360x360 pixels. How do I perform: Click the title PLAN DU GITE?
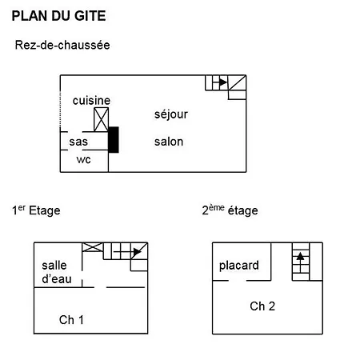coord(58,16)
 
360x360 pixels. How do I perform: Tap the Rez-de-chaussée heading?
coord(62,45)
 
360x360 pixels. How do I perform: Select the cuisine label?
coord(91,101)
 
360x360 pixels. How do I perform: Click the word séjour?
coord(171,114)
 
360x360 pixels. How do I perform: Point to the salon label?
coord(169,142)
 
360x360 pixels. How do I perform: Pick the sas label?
coord(78,142)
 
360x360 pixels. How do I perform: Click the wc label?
coord(83,159)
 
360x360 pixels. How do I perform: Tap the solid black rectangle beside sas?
coord(114,140)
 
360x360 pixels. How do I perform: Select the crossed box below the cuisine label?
coord(102,119)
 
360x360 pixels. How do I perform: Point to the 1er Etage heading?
coord(36,210)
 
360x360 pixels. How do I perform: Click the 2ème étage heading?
coord(230,210)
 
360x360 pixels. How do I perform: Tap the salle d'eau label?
coord(57,272)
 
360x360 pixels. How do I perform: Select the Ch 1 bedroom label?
coord(71,320)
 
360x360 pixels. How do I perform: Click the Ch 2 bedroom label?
coord(262,306)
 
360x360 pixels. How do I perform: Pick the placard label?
coord(239,266)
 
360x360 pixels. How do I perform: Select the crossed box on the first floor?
coord(93,247)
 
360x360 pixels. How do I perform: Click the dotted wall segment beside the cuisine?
coord(60,110)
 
